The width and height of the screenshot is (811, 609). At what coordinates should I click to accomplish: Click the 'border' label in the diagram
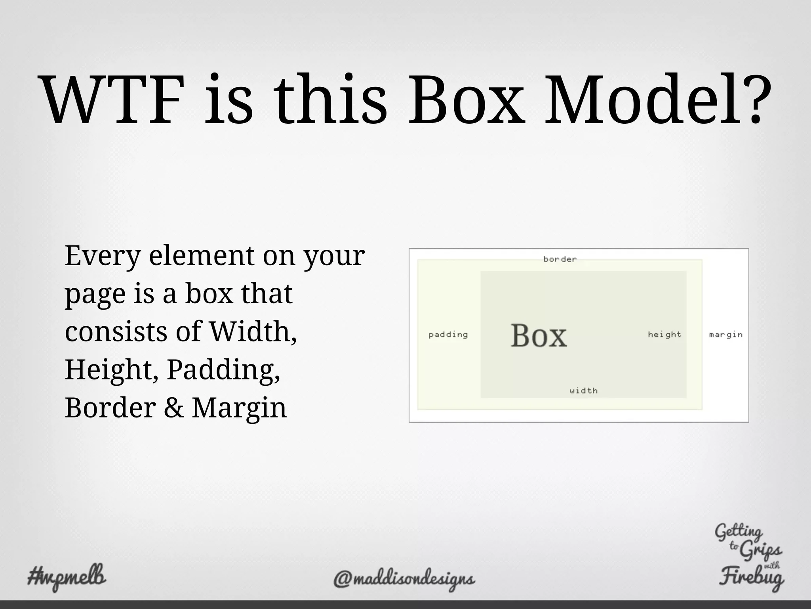[x=560, y=259]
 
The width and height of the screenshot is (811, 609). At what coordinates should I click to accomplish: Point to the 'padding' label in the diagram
[x=448, y=335]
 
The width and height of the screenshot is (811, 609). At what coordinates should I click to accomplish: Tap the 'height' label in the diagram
[x=664, y=335]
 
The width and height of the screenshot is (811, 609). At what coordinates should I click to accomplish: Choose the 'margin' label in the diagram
[x=726, y=335]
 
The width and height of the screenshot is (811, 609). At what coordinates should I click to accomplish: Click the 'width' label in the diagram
[x=584, y=391]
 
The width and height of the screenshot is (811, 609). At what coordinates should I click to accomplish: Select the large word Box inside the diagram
[x=539, y=336]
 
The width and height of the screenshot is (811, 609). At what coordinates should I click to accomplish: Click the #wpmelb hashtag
[x=67, y=576]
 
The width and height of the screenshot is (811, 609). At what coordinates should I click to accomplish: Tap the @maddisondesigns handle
[x=404, y=579]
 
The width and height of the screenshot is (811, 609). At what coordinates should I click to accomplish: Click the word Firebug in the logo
[x=751, y=579]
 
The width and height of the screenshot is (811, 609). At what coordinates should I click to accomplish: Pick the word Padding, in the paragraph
[x=223, y=370]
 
